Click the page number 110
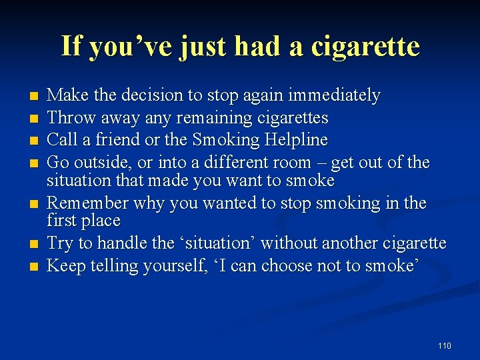pyautogui.click(x=445, y=345)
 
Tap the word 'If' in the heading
pyautogui.click(x=71, y=46)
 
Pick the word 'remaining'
pyautogui.click(x=221, y=118)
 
